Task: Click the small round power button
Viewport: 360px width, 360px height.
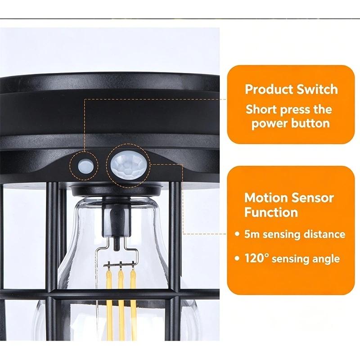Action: pyautogui.click(x=86, y=165)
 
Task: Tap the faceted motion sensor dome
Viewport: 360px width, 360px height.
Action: pyautogui.click(x=128, y=165)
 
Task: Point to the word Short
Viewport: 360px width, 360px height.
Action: pyautogui.click(x=261, y=109)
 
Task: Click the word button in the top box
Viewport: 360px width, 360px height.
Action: pyautogui.click(x=310, y=123)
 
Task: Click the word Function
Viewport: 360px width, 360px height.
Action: pyautogui.click(x=271, y=212)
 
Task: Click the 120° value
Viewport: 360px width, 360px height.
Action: pyautogui.click(x=256, y=258)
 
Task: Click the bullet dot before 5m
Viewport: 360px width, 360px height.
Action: pyautogui.click(x=237, y=234)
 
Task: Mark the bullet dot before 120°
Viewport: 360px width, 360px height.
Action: pyautogui.click(x=237, y=258)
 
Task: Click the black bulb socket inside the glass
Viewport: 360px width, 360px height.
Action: pyautogui.click(x=116, y=221)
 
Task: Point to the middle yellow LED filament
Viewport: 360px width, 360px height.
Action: pyautogui.click(x=121, y=303)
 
